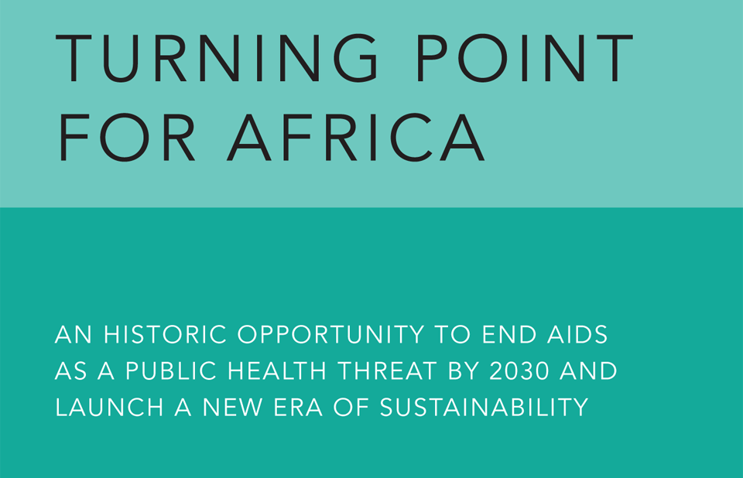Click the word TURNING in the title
point(217,58)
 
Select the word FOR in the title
point(126,138)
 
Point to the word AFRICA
point(356,138)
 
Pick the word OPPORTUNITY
point(330,334)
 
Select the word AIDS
point(577,334)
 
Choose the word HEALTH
point(277,371)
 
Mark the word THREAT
point(387,371)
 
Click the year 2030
point(519,371)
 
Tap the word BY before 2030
point(464,371)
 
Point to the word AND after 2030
point(588,371)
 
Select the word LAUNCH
point(109,408)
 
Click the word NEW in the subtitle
point(232,408)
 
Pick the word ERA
point(298,408)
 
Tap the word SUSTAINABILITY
point(484,408)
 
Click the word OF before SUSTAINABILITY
point(351,408)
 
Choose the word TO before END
point(453,334)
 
